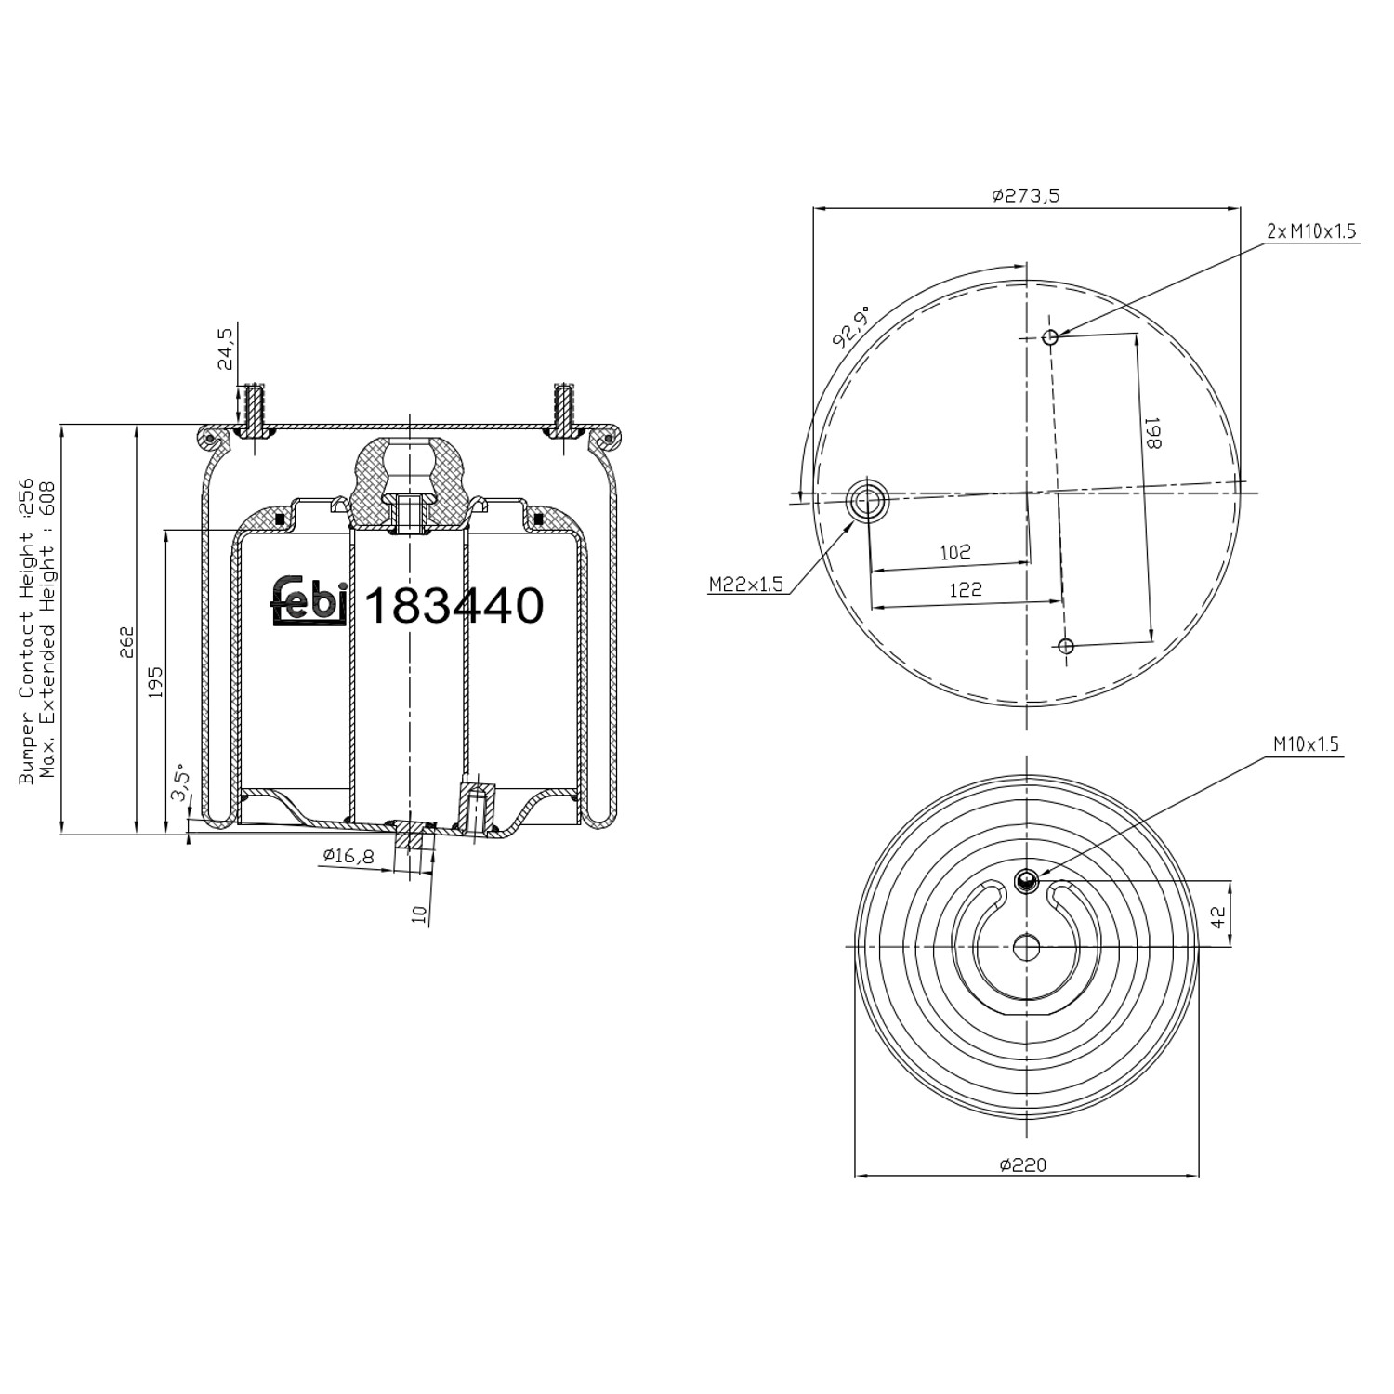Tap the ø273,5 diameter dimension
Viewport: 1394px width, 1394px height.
(1026, 195)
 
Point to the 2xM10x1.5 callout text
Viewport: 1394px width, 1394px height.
(1312, 230)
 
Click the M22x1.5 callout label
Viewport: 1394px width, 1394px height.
(746, 584)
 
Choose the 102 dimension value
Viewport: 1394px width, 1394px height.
(954, 552)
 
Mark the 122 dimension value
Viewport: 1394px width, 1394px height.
(966, 589)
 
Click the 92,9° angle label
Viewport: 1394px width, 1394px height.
(851, 325)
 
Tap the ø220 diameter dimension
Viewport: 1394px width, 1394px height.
(1023, 1164)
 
